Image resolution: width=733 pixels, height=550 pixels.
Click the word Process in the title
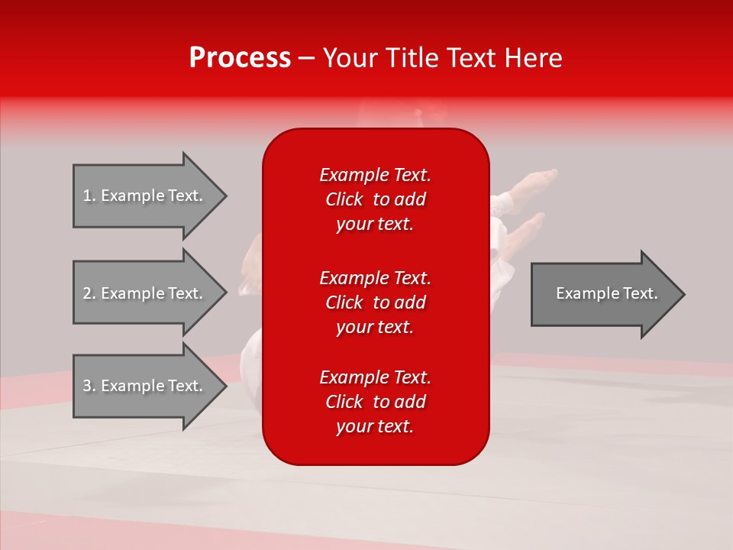click(x=240, y=58)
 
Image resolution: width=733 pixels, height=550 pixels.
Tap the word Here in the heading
click(x=534, y=58)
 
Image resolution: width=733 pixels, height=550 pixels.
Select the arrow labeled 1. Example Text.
click(x=145, y=196)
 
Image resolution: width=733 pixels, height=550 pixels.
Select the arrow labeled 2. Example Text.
click(x=145, y=293)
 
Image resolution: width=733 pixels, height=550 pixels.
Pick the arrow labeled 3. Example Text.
click(x=145, y=386)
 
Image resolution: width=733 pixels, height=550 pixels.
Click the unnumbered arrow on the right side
click(x=603, y=293)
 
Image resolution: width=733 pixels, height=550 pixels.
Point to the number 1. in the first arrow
click(x=89, y=196)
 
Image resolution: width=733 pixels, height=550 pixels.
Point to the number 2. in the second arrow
click(x=89, y=293)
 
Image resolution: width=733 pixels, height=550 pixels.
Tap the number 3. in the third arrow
click(x=89, y=386)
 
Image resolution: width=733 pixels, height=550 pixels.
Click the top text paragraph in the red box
click(x=375, y=199)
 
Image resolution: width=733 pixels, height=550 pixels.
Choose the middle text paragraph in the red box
click(x=375, y=302)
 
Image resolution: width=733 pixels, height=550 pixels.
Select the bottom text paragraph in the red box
click(x=375, y=402)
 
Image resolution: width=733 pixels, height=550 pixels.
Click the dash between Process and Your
click(x=307, y=59)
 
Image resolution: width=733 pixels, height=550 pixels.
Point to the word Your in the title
click(x=348, y=58)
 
